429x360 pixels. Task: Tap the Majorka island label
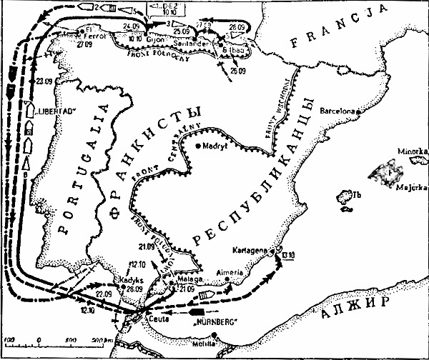(410, 189)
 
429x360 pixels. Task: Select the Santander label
(192, 43)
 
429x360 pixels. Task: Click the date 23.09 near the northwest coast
(47, 80)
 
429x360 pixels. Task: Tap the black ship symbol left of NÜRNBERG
(196, 312)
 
